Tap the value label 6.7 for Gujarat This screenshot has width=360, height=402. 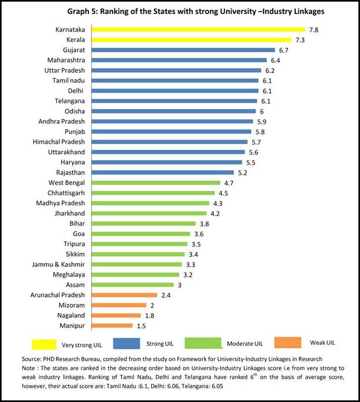pos(284,50)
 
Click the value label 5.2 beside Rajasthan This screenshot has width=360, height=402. pos(243,173)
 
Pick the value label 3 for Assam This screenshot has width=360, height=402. pos(180,285)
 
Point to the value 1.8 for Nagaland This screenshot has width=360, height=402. pos(150,315)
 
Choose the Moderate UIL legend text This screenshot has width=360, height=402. pos(244,344)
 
